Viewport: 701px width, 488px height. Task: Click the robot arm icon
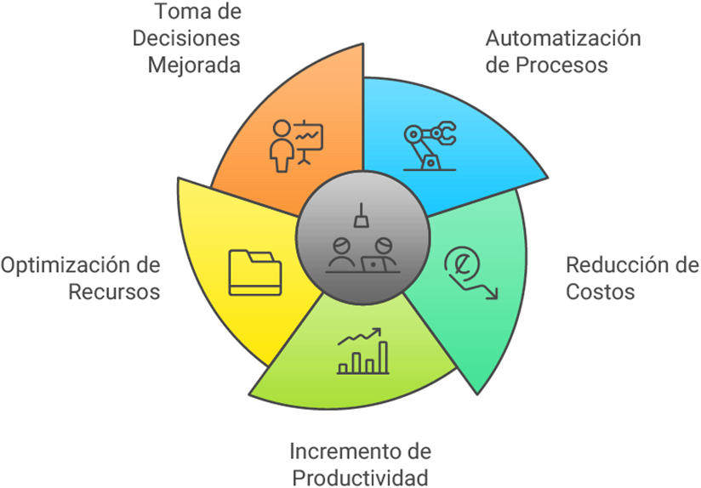point(430,146)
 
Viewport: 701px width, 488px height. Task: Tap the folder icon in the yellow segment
point(254,271)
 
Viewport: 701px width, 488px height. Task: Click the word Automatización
point(562,39)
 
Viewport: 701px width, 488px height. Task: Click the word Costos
point(601,292)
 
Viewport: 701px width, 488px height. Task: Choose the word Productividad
point(359,477)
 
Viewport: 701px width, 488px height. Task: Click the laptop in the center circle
point(373,264)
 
